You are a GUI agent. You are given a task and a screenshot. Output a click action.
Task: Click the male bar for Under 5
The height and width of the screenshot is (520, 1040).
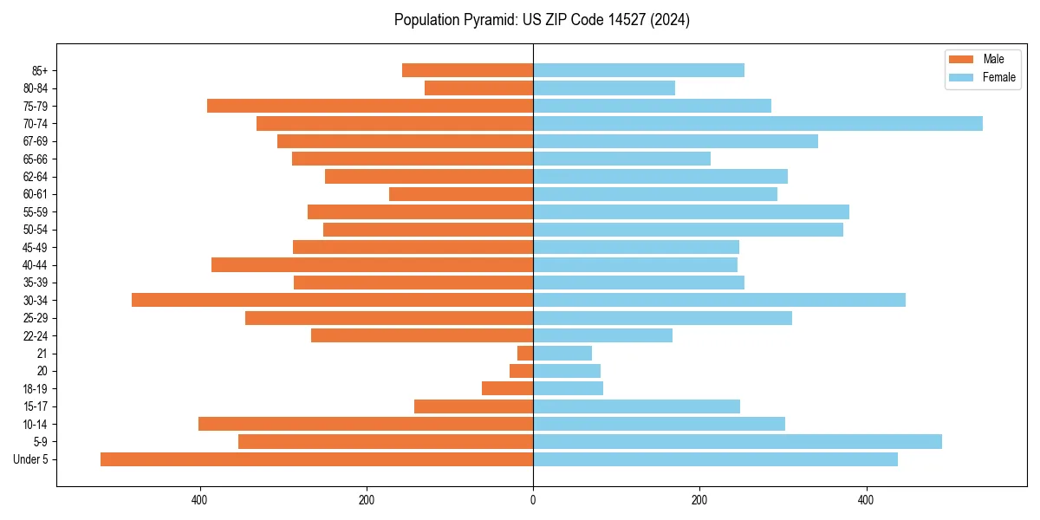pyautogui.click(x=316, y=459)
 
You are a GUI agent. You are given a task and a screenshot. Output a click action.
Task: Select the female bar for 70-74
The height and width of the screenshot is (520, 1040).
pyautogui.click(x=757, y=123)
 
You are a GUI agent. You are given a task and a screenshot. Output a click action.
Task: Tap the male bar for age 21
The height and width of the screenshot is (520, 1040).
pyautogui.click(x=525, y=353)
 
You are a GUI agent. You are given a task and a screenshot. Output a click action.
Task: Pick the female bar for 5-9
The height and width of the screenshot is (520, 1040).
pyautogui.click(x=737, y=441)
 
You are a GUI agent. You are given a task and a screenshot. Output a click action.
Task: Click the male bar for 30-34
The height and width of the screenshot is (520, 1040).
pyautogui.click(x=332, y=300)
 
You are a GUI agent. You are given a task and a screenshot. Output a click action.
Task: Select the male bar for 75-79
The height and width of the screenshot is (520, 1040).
pyautogui.click(x=370, y=106)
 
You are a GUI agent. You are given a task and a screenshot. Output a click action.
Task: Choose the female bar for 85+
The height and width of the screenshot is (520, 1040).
pyautogui.click(x=639, y=70)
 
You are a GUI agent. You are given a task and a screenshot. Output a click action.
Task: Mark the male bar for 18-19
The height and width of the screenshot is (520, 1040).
pyautogui.click(x=507, y=388)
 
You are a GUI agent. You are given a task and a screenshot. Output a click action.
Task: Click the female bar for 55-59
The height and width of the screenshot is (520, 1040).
pyautogui.click(x=691, y=211)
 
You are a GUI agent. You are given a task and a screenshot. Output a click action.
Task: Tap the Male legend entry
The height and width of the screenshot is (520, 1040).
pyautogui.click(x=993, y=59)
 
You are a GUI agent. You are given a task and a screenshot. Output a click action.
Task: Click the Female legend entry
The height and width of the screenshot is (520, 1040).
pyautogui.click(x=998, y=77)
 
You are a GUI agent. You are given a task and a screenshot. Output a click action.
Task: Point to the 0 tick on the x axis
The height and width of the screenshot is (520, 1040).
pyautogui.click(x=533, y=500)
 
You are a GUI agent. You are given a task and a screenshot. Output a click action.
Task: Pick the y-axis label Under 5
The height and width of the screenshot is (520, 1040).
pyautogui.click(x=31, y=459)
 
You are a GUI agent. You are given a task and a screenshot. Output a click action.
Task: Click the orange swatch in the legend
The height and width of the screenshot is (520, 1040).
pyautogui.click(x=961, y=59)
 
